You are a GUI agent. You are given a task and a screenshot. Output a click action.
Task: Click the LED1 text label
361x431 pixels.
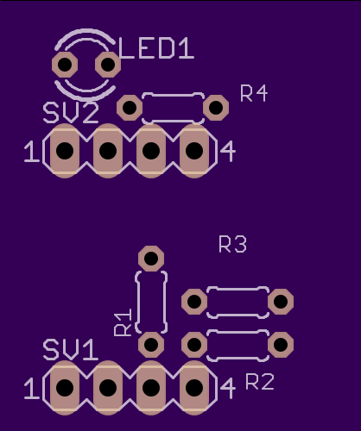[156, 48]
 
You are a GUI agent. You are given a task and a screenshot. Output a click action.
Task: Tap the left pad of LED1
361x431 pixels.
[65, 65]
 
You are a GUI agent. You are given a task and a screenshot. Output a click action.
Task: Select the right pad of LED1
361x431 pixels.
[108, 65]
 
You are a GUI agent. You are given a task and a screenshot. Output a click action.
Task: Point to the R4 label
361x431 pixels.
[254, 93]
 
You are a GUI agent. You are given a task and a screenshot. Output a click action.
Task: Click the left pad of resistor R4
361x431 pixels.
[130, 108]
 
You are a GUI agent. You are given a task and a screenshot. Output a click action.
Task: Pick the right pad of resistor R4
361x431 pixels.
[216, 108]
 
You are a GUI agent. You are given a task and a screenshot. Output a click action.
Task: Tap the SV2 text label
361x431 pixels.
[71, 113]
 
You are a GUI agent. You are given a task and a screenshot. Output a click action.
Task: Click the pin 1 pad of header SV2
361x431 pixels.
[65, 151]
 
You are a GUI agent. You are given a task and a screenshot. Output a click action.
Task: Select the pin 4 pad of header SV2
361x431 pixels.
[194, 151]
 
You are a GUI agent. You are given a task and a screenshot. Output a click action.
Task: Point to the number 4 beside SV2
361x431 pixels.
[228, 151]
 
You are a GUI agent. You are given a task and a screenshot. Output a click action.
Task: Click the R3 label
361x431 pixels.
[232, 244]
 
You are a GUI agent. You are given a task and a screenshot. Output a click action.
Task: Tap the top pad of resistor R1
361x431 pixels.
[151, 259]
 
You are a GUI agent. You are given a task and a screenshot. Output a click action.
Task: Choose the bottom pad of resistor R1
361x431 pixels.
[151, 345]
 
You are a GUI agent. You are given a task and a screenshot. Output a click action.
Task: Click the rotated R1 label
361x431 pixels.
[123, 322]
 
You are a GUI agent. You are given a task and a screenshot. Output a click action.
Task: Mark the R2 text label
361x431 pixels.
[260, 382]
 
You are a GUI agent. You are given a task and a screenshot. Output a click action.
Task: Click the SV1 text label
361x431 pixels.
[71, 350]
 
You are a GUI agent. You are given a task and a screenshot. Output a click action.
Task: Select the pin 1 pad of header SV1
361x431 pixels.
[65, 388]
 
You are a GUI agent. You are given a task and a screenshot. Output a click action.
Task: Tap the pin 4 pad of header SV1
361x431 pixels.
[194, 388]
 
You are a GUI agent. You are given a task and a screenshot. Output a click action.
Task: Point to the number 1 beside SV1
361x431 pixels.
[32, 389]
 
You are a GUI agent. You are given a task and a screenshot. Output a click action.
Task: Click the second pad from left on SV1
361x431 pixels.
[108, 388]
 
